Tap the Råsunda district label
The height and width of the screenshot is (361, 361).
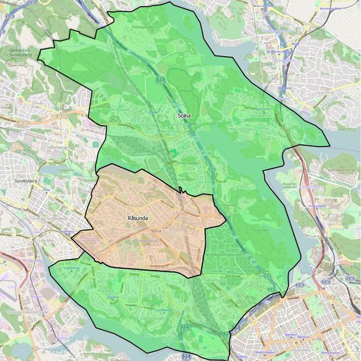137,218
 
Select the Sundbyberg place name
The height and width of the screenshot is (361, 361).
23,181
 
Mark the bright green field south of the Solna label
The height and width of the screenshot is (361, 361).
175,153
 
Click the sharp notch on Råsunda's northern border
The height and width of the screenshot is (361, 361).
181,191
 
